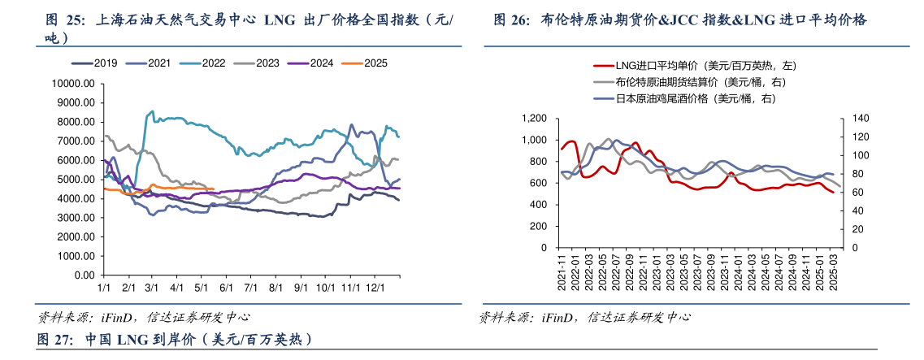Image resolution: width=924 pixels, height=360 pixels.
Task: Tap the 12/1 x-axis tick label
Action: [x=375, y=288]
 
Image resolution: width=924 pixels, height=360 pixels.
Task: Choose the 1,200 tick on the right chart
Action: [x=538, y=119]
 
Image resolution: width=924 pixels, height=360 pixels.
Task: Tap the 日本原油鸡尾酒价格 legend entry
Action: [x=685, y=98]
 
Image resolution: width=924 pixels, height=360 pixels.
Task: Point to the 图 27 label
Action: [x=55, y=338]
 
